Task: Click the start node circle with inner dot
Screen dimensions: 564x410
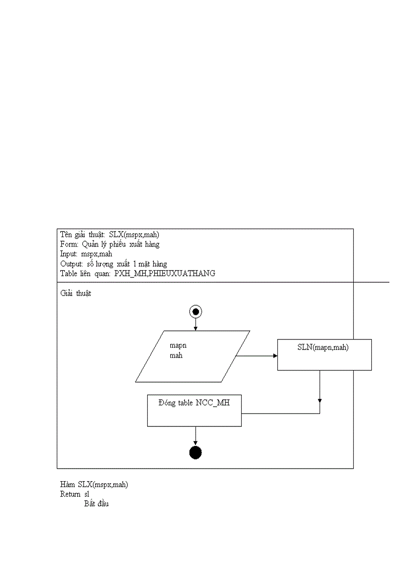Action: point(195,312)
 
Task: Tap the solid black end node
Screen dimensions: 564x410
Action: point(195,453)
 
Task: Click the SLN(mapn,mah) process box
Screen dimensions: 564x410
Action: point(324,355)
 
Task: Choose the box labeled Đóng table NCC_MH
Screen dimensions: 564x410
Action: point(194,410)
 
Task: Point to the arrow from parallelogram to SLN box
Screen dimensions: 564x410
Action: point(257,356)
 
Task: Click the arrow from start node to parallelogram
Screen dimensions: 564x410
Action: point(195,324)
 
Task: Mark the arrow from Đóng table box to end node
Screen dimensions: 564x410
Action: point(195,436)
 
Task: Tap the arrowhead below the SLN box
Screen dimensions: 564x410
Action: point(320,400)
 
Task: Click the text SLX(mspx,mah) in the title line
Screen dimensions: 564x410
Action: point(134,235)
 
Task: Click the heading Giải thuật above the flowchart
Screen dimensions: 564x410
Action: point(76,293)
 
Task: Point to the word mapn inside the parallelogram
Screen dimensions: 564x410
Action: point(178,346)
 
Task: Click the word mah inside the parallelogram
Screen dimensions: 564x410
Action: point(176,356)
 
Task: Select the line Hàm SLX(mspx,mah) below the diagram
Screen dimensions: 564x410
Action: point(94,485)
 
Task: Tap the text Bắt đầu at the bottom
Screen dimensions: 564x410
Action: point(96,503)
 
